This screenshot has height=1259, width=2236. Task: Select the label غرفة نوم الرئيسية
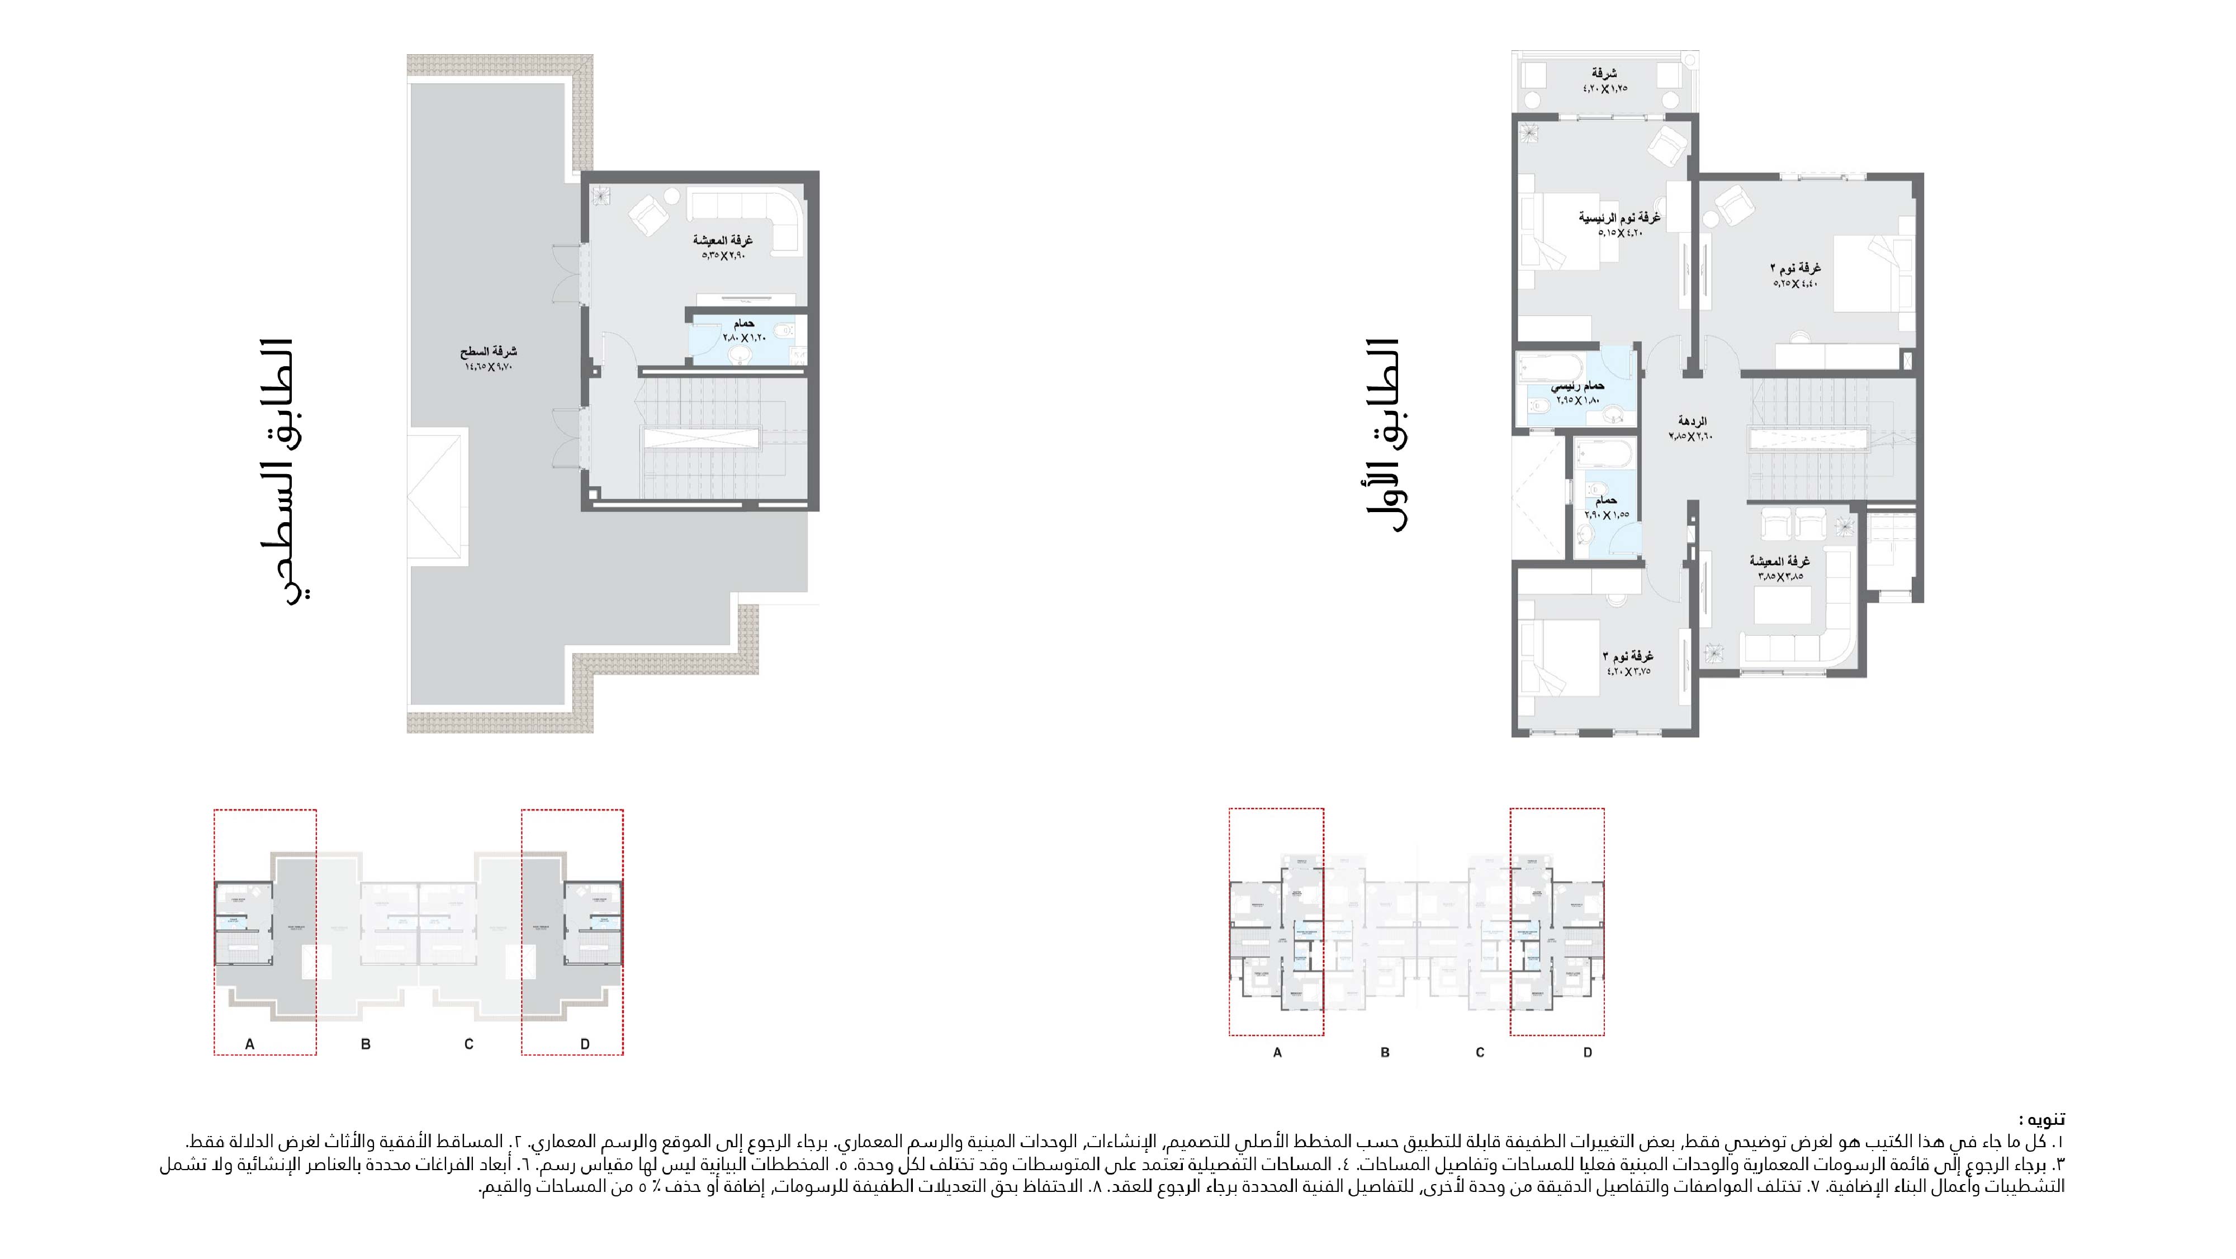tap(1619, 217)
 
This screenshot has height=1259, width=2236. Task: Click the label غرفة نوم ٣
tap(1627, 656)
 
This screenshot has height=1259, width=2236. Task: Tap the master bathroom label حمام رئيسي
tap(1578, 385)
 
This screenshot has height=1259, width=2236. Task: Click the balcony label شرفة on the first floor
tap(1604, 73)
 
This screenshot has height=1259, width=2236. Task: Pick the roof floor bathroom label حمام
tap(744, 323)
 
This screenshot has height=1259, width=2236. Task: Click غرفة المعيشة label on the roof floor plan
tap(722, 240)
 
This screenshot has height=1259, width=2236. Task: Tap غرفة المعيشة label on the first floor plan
tap(1779, 561)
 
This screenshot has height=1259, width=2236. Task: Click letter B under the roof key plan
tap(366, 1044)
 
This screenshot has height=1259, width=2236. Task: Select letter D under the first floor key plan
tap(1588, 1052)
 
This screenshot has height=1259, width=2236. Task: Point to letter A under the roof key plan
tap(250, 1044)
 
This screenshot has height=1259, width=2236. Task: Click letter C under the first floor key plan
tap(1480, 1052)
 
